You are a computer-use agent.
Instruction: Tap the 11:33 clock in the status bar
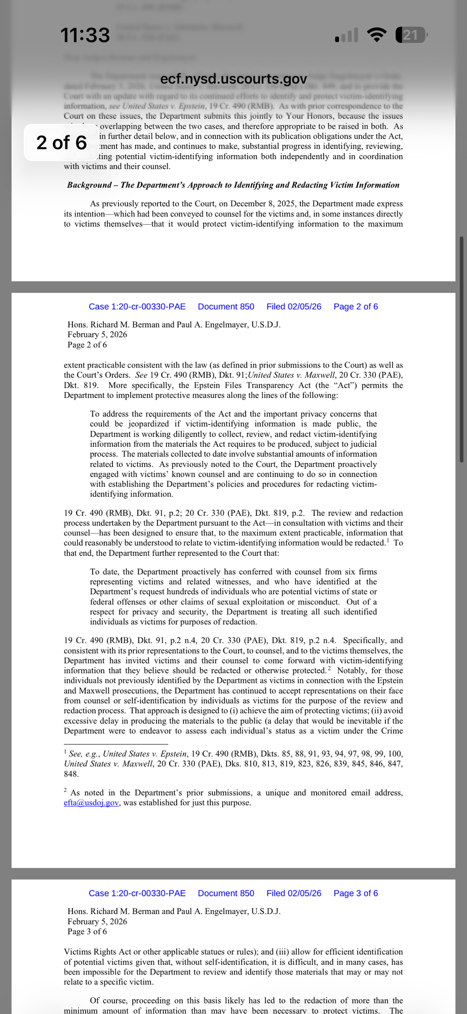pos(85,35)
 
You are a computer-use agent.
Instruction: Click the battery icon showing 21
pos(411,35)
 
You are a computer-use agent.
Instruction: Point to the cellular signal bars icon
pos(346,35)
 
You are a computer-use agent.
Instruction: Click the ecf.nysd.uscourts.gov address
pos(233,79)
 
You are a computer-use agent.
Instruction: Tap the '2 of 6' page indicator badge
pos(61,142)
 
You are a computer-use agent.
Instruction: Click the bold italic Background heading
pos(233,185)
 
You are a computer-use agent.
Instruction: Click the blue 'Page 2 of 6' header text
pos(356,306)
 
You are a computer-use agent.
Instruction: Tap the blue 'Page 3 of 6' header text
pos(356,893)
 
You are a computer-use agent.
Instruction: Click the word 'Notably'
pos(351,670)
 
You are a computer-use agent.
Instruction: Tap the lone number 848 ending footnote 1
pos(71,774)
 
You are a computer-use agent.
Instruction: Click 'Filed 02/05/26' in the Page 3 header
pos(294,893)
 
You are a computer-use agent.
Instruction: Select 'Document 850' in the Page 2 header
pos(226,306)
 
